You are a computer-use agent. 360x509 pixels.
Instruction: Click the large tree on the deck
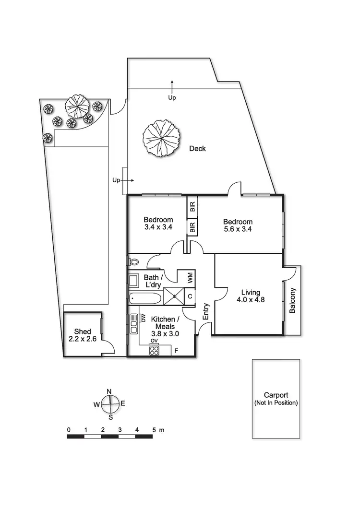(161, 138)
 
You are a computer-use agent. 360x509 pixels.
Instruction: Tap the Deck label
(197, 149)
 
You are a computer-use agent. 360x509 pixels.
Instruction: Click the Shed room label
(83, 335)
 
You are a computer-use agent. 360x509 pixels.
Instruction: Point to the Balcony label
(292, 300)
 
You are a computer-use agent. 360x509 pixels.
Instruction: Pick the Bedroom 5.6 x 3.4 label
(238, 225)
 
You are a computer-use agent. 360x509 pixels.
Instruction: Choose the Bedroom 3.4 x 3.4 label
(158, 224)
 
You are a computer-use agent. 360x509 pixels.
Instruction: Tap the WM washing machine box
(190, 277)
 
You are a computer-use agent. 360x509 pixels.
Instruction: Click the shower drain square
(174, 296)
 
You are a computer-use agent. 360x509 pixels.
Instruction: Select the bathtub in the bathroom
(145, 297)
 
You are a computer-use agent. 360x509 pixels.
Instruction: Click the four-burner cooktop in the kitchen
(155, 351)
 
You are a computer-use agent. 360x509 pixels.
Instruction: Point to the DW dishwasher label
(143, 318)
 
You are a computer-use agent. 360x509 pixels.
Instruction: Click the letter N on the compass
(109, 391)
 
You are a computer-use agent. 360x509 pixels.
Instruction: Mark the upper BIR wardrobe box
(192, 208)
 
